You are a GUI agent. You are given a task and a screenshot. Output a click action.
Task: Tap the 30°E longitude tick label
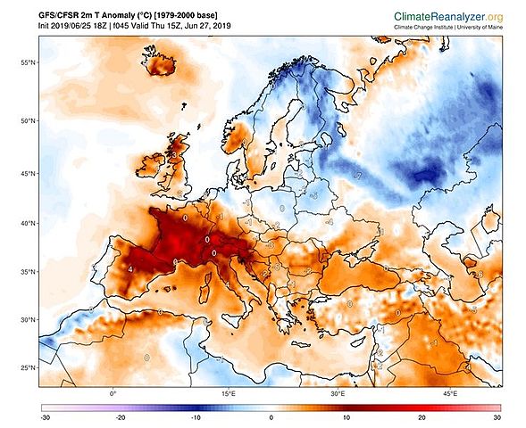pos(338,393)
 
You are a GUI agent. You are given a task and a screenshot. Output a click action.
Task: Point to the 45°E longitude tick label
pos(450,393)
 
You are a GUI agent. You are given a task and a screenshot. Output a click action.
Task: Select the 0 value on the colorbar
pos(271,417)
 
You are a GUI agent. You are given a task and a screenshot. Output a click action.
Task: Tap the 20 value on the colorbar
pos(421,417)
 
